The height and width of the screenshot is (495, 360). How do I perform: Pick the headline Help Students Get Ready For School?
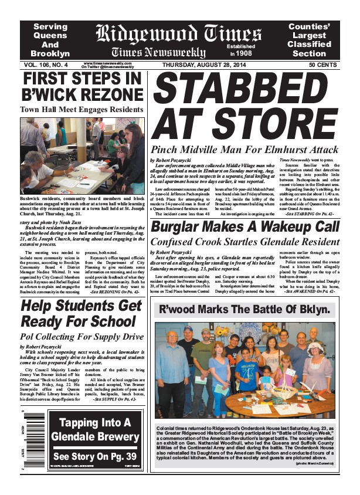(x=81, y=314)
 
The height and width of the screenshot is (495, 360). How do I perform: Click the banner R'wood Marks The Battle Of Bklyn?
(x=246, y=309)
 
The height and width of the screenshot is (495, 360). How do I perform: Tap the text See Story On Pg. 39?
(x=94, y=456)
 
